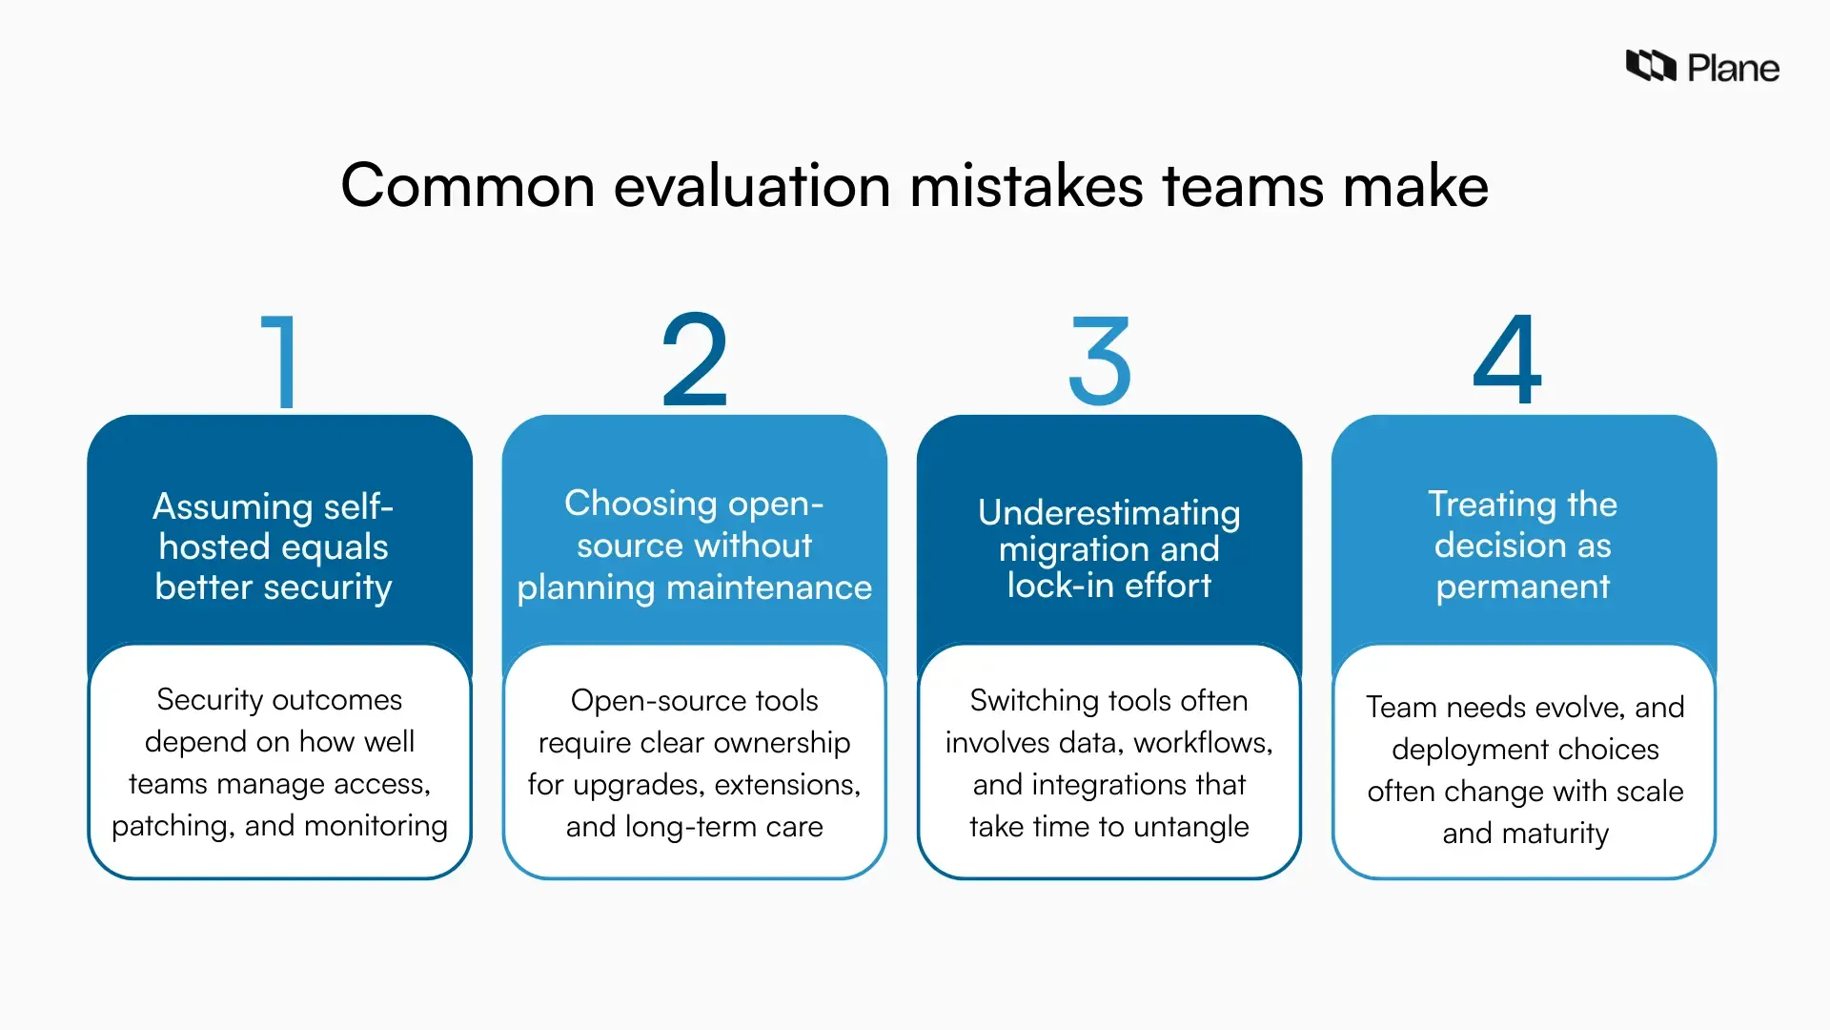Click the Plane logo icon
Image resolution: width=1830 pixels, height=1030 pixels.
(x=1650, y=66)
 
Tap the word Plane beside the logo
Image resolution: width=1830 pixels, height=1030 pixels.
(x=1733, y=69)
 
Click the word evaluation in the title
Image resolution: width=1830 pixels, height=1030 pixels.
(x=752, y=185)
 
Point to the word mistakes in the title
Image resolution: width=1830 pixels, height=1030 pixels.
(x=1026, y=185)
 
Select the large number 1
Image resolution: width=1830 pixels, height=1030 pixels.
(x=280, y=361)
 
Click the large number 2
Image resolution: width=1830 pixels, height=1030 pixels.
(x=695, y=360)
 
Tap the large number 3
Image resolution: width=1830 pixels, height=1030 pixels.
(x=1100, y=361)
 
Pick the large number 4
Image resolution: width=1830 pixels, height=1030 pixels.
(x=1507, y=360)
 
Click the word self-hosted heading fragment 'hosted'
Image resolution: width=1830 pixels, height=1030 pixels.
(x=215, y=546)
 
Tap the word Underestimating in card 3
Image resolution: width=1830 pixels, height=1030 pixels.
(x=1108, y=512)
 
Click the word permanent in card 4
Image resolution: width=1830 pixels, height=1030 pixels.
(x=1522, y=587)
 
